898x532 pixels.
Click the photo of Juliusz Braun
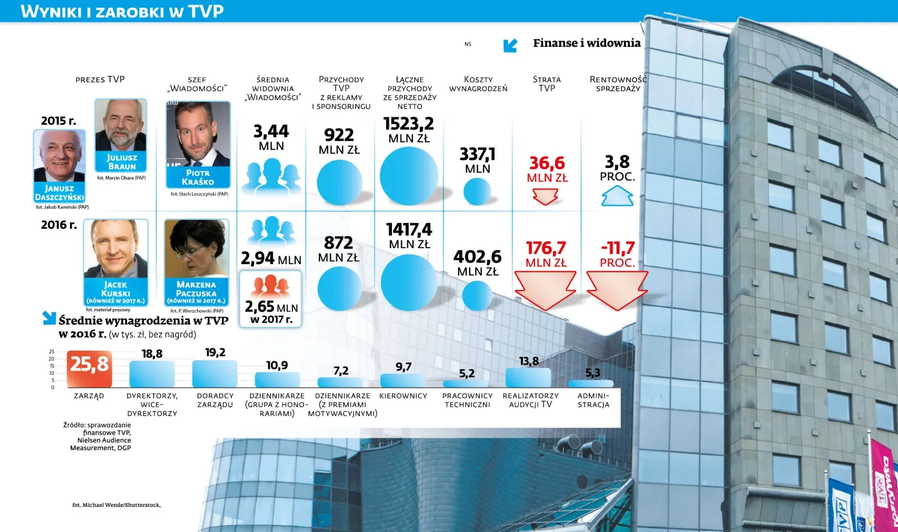pos(121,126)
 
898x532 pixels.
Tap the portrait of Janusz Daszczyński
pos(59,156)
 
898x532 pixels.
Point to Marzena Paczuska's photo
pos(196,249)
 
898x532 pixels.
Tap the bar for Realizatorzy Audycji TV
pos(528,378)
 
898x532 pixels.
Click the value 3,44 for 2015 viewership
pos(271,131)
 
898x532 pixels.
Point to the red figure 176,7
pos(546,247)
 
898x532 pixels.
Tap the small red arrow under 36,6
pos(546,196)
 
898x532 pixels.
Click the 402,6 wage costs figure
pos(477,256)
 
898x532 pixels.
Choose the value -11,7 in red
pos(618,247)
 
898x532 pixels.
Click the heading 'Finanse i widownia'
pos(586,43)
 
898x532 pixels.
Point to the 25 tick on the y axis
pos(51,352)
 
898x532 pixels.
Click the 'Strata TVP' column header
pos(546,83)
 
